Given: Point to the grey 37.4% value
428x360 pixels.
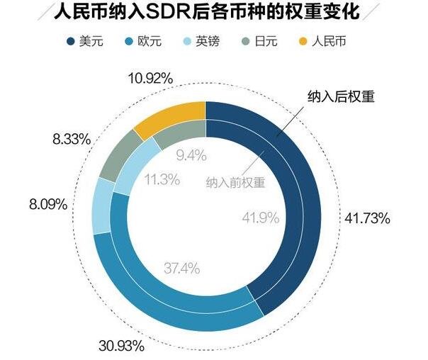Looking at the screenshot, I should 181,268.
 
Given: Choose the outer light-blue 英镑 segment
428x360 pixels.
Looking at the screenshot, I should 102,206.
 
